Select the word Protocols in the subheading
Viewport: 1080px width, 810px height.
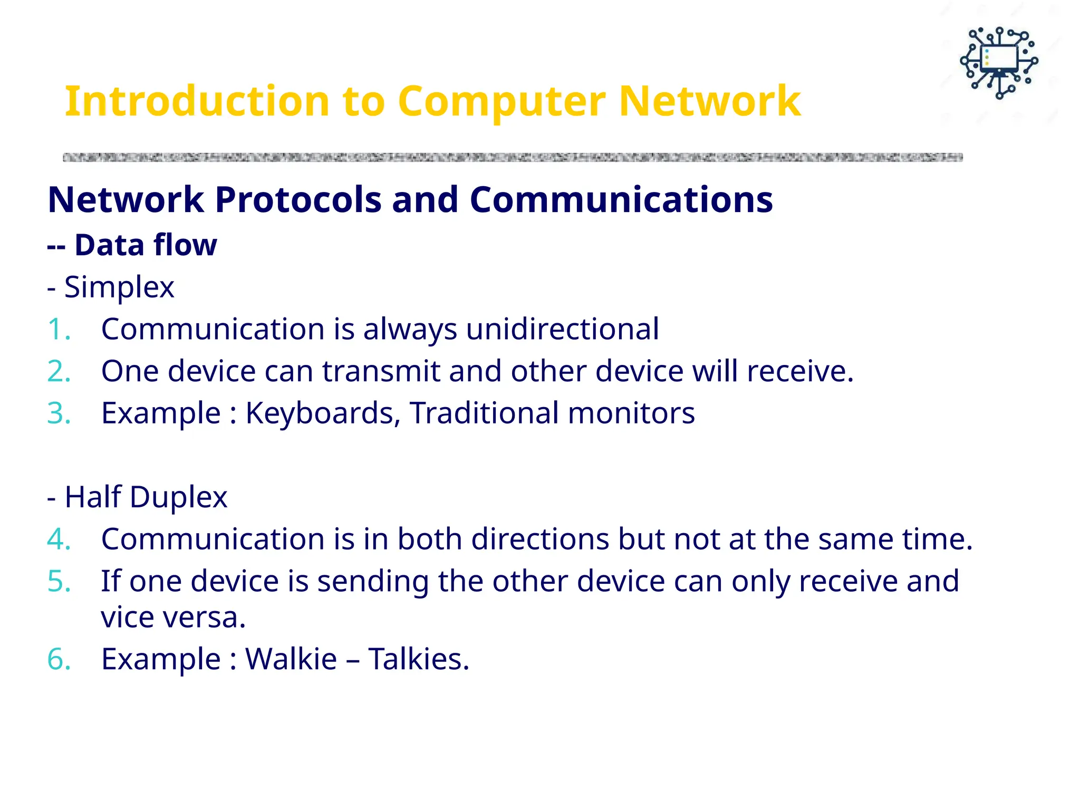click(298, 200)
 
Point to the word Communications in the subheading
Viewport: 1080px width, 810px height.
click(621, 200)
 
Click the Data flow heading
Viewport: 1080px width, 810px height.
click(145, 245)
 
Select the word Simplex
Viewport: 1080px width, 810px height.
click(119, 287)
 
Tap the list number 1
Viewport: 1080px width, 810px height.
click(59, 330)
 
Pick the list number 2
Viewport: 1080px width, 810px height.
click(59, 371)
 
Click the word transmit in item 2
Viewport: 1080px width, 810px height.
click(381, 371)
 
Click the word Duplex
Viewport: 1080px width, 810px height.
click(178, 497)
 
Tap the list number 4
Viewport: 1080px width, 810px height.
click(59, 539)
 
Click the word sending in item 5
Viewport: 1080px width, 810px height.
click(373, 582)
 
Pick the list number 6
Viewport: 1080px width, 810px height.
click(59, 659)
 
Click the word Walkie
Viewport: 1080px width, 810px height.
click(291, 659)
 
